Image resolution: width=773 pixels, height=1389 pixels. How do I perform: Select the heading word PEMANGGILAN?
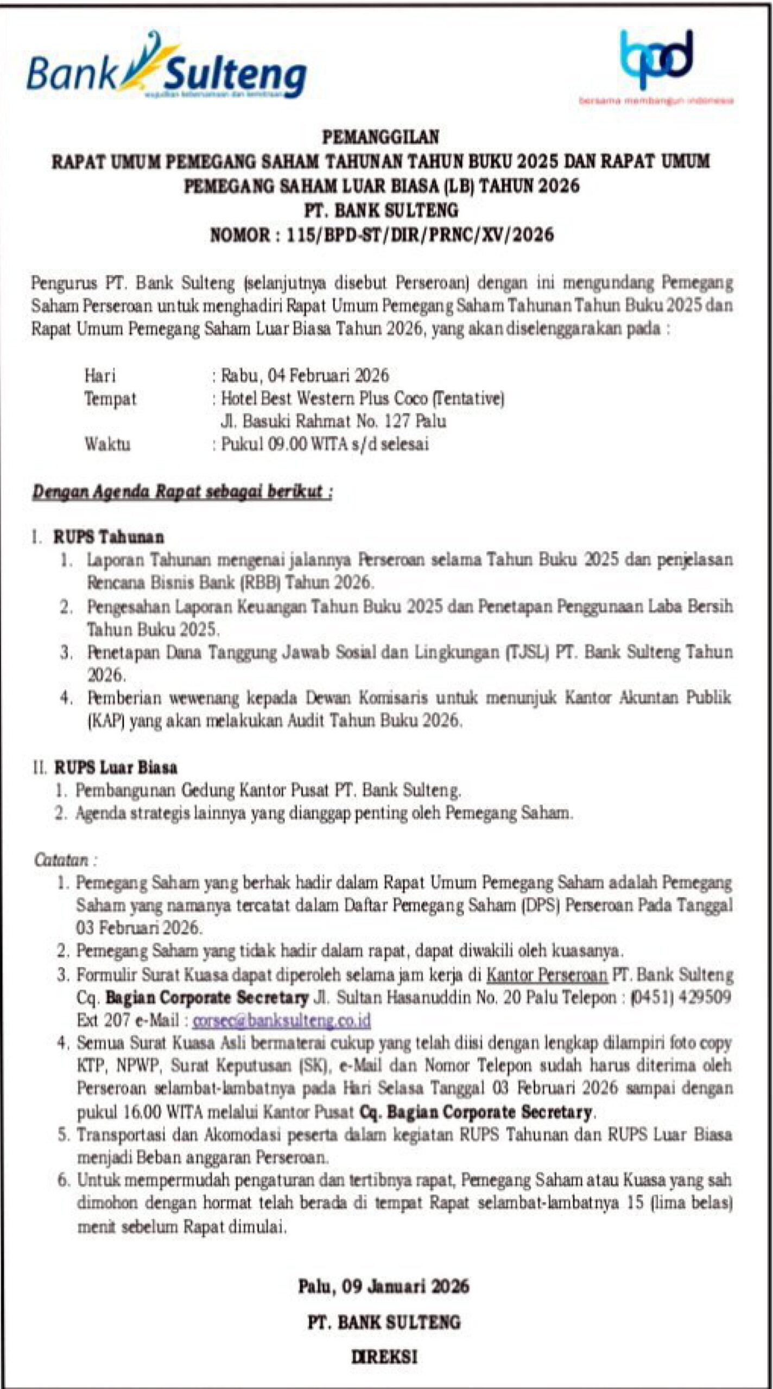pos(381,137)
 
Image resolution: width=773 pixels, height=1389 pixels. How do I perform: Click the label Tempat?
pos(110,399)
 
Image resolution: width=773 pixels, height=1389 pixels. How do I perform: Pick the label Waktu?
pos(107,444)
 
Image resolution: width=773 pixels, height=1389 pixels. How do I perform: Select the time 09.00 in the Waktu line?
pos(288,444)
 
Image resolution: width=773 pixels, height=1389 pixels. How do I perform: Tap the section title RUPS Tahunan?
pos(109,537)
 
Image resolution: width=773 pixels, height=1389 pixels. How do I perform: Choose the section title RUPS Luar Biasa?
pos(116,768)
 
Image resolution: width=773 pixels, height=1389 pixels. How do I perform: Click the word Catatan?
pos(61,860)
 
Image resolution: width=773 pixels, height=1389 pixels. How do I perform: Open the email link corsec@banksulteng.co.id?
pos(282,1021)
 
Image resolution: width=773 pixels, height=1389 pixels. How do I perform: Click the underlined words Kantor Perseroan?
pos(547,975)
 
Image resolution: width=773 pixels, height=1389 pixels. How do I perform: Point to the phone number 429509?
pos(705,998)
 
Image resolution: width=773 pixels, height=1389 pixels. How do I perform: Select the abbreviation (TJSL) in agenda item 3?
pos(527,652)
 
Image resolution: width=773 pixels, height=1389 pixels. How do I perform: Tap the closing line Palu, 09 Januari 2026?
pos(383,1287)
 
